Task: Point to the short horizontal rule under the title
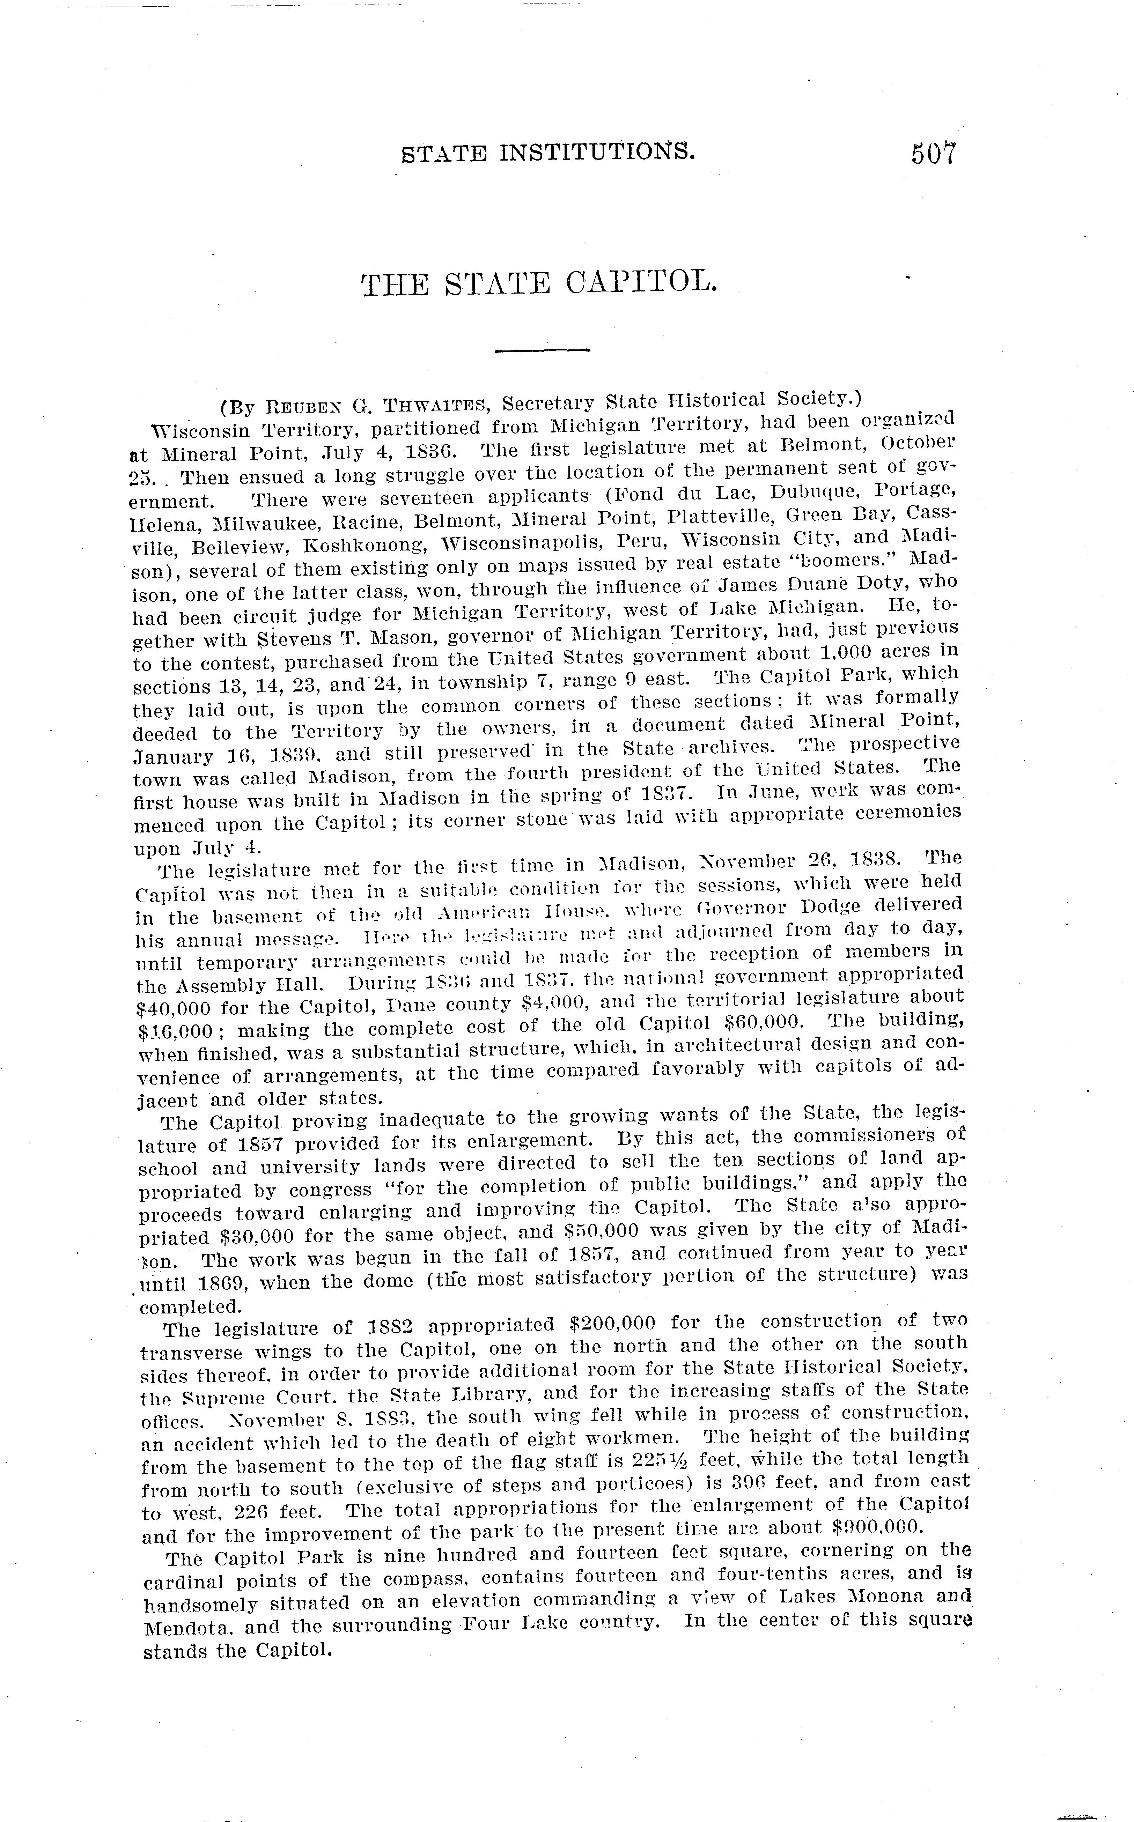(x=543, y=349)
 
